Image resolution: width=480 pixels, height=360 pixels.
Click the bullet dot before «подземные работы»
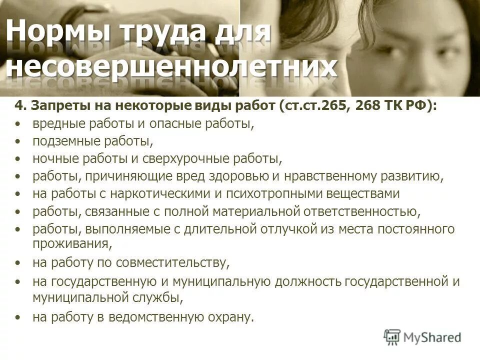point(18,141)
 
